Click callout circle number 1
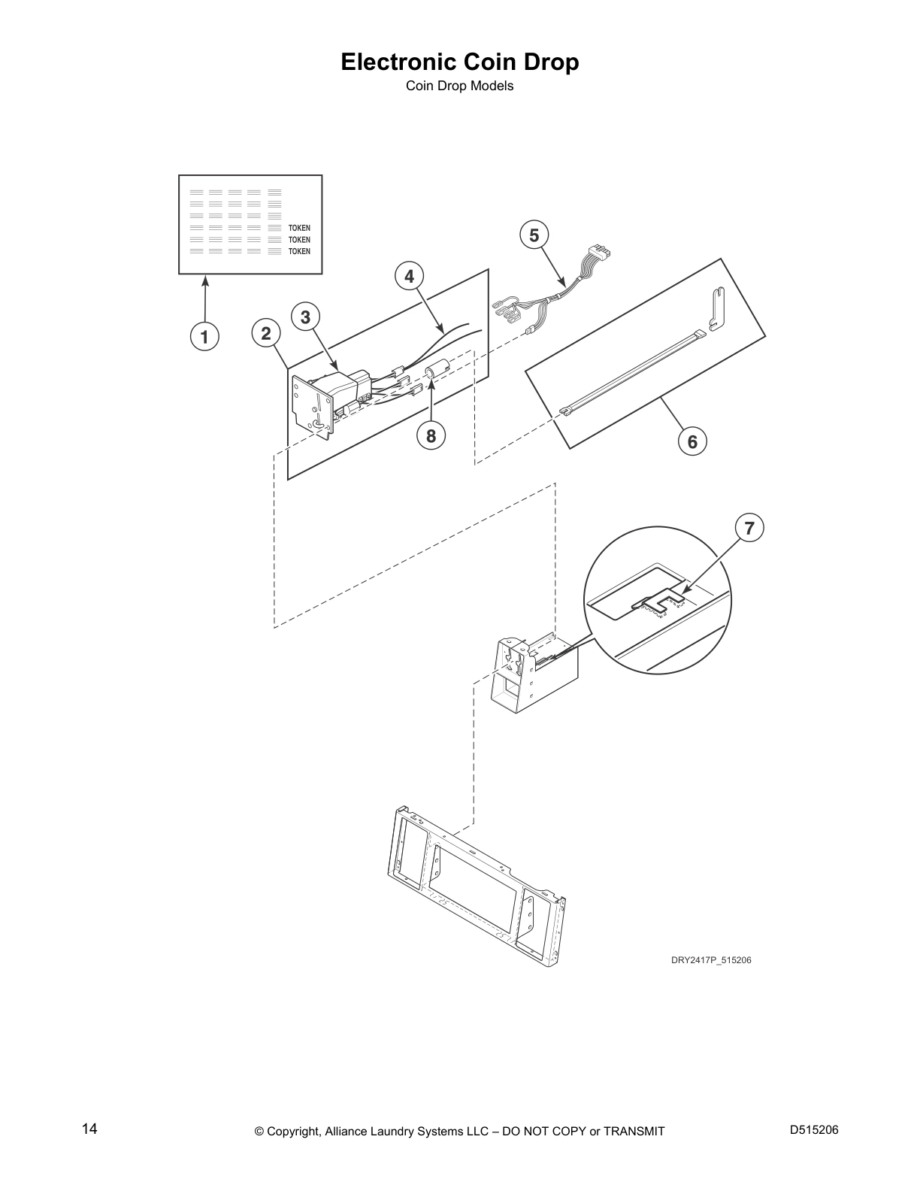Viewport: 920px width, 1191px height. (204, 336)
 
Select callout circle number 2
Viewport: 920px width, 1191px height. (266, 333)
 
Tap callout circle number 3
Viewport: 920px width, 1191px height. (305, 317)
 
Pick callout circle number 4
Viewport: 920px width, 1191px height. (410, 277)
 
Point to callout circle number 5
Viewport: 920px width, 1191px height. (534, 235)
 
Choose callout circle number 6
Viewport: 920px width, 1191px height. (692, 441)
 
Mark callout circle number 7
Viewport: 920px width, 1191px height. (749, 528)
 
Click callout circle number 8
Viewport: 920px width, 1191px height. (431, 436)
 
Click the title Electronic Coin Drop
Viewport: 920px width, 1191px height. (460, 62)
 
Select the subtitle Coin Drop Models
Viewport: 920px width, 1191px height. (460, 86)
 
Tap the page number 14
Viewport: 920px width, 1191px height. (89, 1129)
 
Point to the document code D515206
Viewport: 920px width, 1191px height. (814, 1129)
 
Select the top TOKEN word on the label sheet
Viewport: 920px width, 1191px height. (299, 228)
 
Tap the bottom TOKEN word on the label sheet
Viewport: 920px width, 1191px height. (299, 252)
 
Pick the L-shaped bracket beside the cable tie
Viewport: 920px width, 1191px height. (719, 311)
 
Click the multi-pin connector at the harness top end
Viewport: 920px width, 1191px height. (598, 255)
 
